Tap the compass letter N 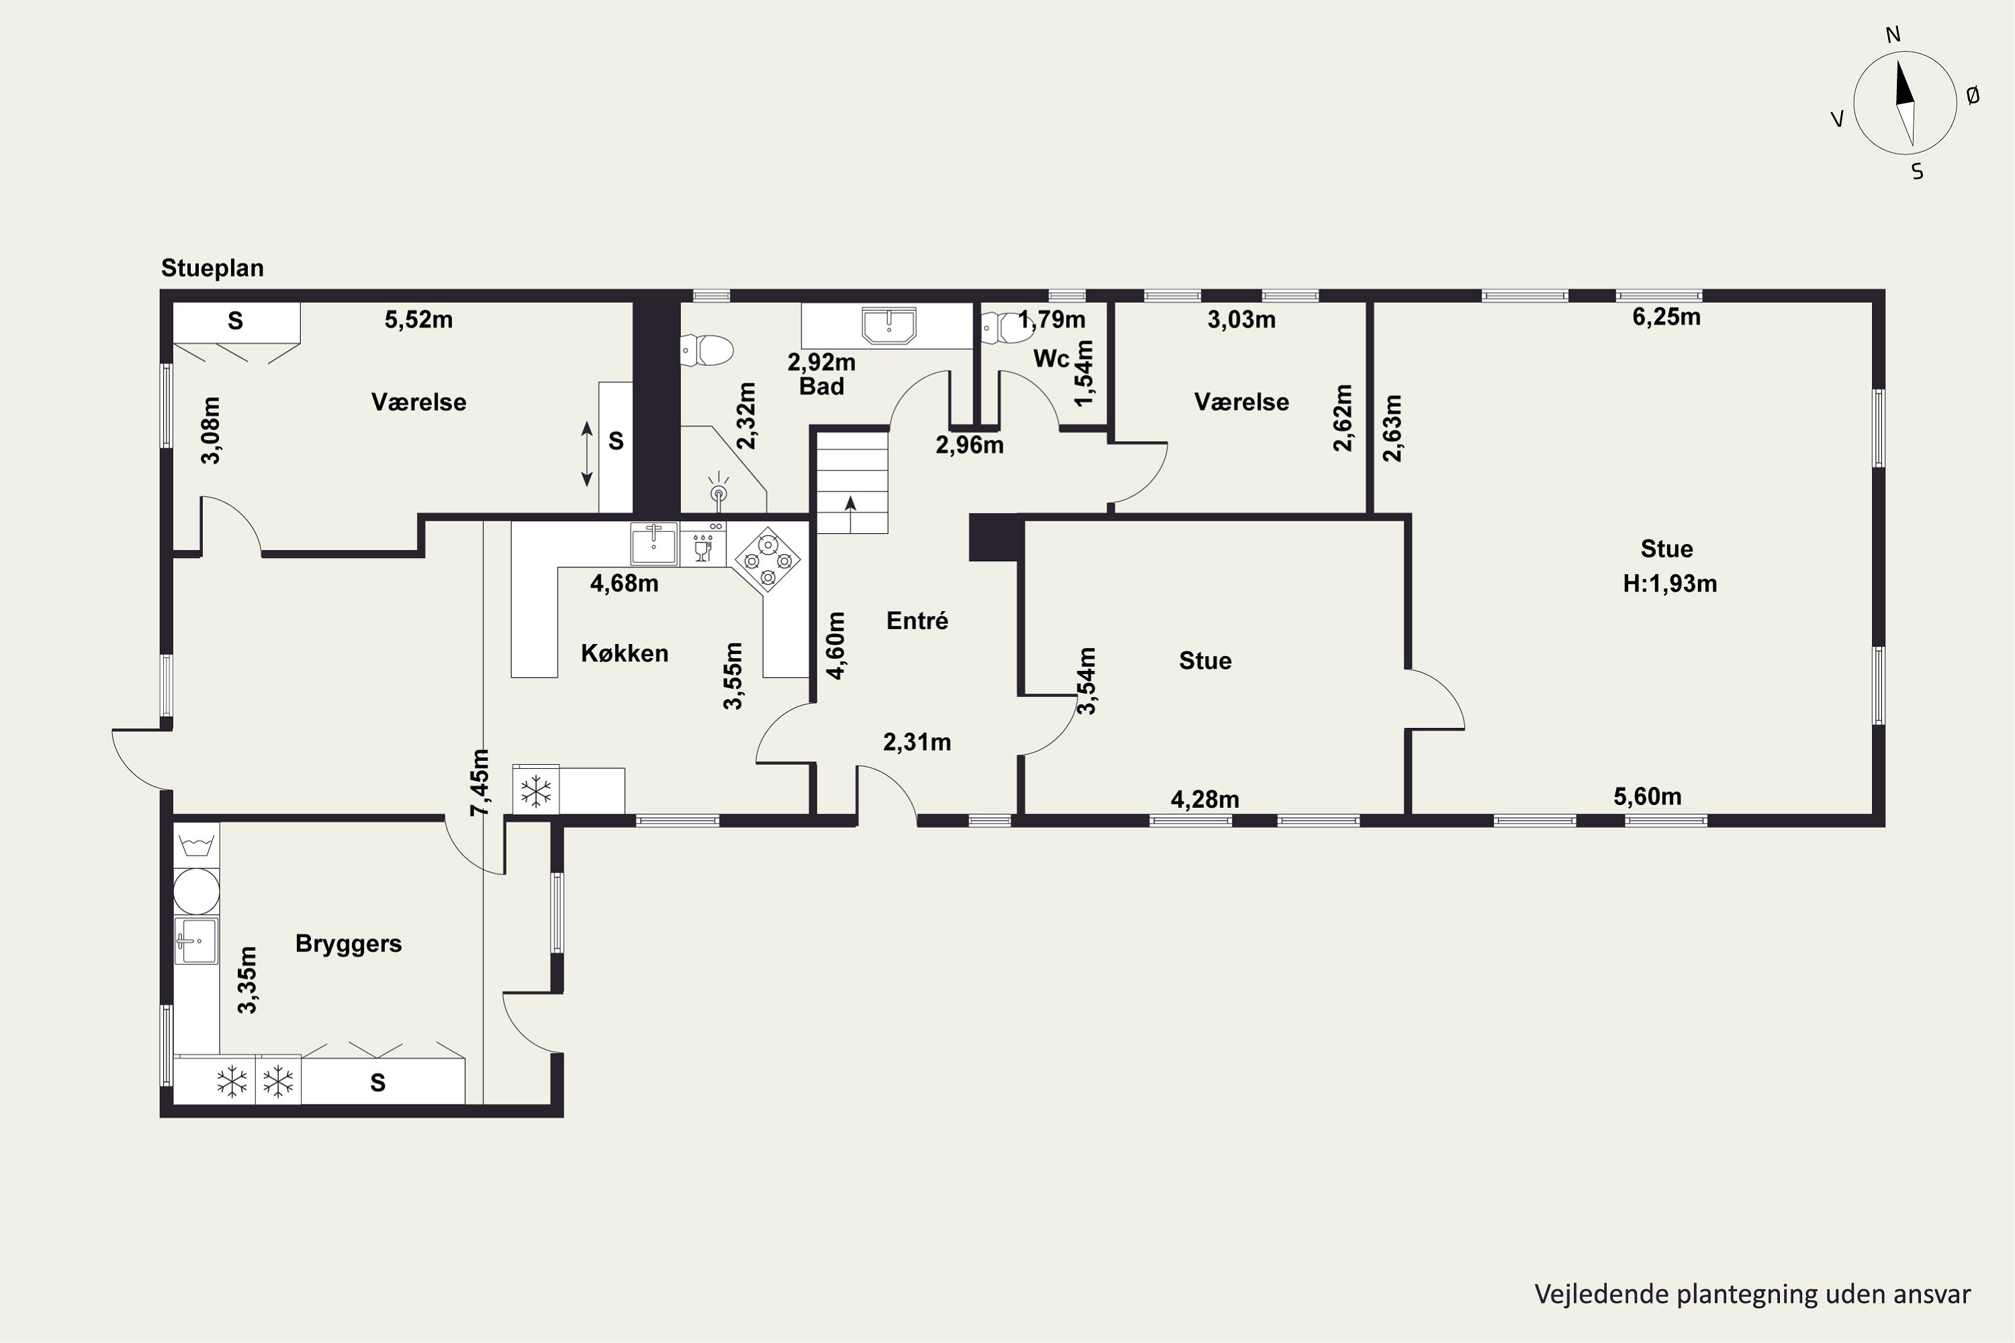(1893, 35)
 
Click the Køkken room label (625, 653)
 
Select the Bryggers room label (349, 944)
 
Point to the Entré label (917, 621)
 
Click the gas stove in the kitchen (767, 559)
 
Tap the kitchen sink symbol (654, 544)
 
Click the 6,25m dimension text (1666, 318)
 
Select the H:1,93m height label (1670, 584)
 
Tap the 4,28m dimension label (1204, 800)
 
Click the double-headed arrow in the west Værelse (587, 454)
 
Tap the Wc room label (1052, 359)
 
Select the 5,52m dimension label (419, 320)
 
